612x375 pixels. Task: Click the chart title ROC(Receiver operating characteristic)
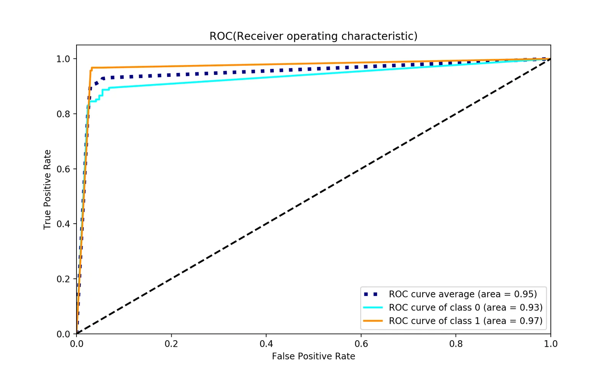(313, 36)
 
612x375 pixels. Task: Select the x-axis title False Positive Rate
(313, 356)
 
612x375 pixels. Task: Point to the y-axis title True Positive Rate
(47, 190)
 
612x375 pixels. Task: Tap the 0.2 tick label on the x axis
(171, 344)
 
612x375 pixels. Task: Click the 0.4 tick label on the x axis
(266, 344)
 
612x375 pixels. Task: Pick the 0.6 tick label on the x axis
(361, 344)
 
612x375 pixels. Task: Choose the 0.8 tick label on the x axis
(456, 344)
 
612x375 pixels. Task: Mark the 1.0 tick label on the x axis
(550, 344)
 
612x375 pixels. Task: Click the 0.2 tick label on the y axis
(63, 279)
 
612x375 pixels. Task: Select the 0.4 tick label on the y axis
(63, 224)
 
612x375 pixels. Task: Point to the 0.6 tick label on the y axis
(63, 169)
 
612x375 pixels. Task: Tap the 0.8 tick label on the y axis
(63, 114)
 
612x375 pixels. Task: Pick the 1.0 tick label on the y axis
(63, 59)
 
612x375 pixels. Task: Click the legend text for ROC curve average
(463, 294)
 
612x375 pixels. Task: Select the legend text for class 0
(466, 308)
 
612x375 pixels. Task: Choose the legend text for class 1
(466, 321)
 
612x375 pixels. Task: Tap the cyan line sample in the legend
(373, 308)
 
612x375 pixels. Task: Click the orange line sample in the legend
(373, 321)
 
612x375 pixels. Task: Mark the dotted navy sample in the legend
(371, 294)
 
